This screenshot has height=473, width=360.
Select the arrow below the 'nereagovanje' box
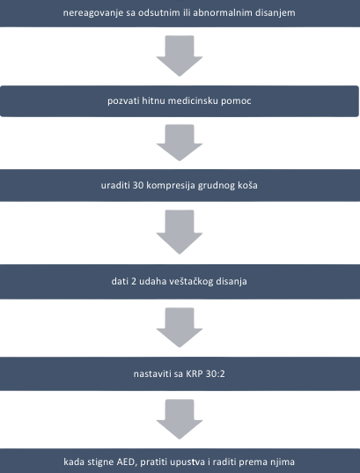[180, 57]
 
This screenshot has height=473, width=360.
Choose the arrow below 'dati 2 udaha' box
[180, 327]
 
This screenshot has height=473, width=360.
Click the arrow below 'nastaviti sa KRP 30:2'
[180, 418]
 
